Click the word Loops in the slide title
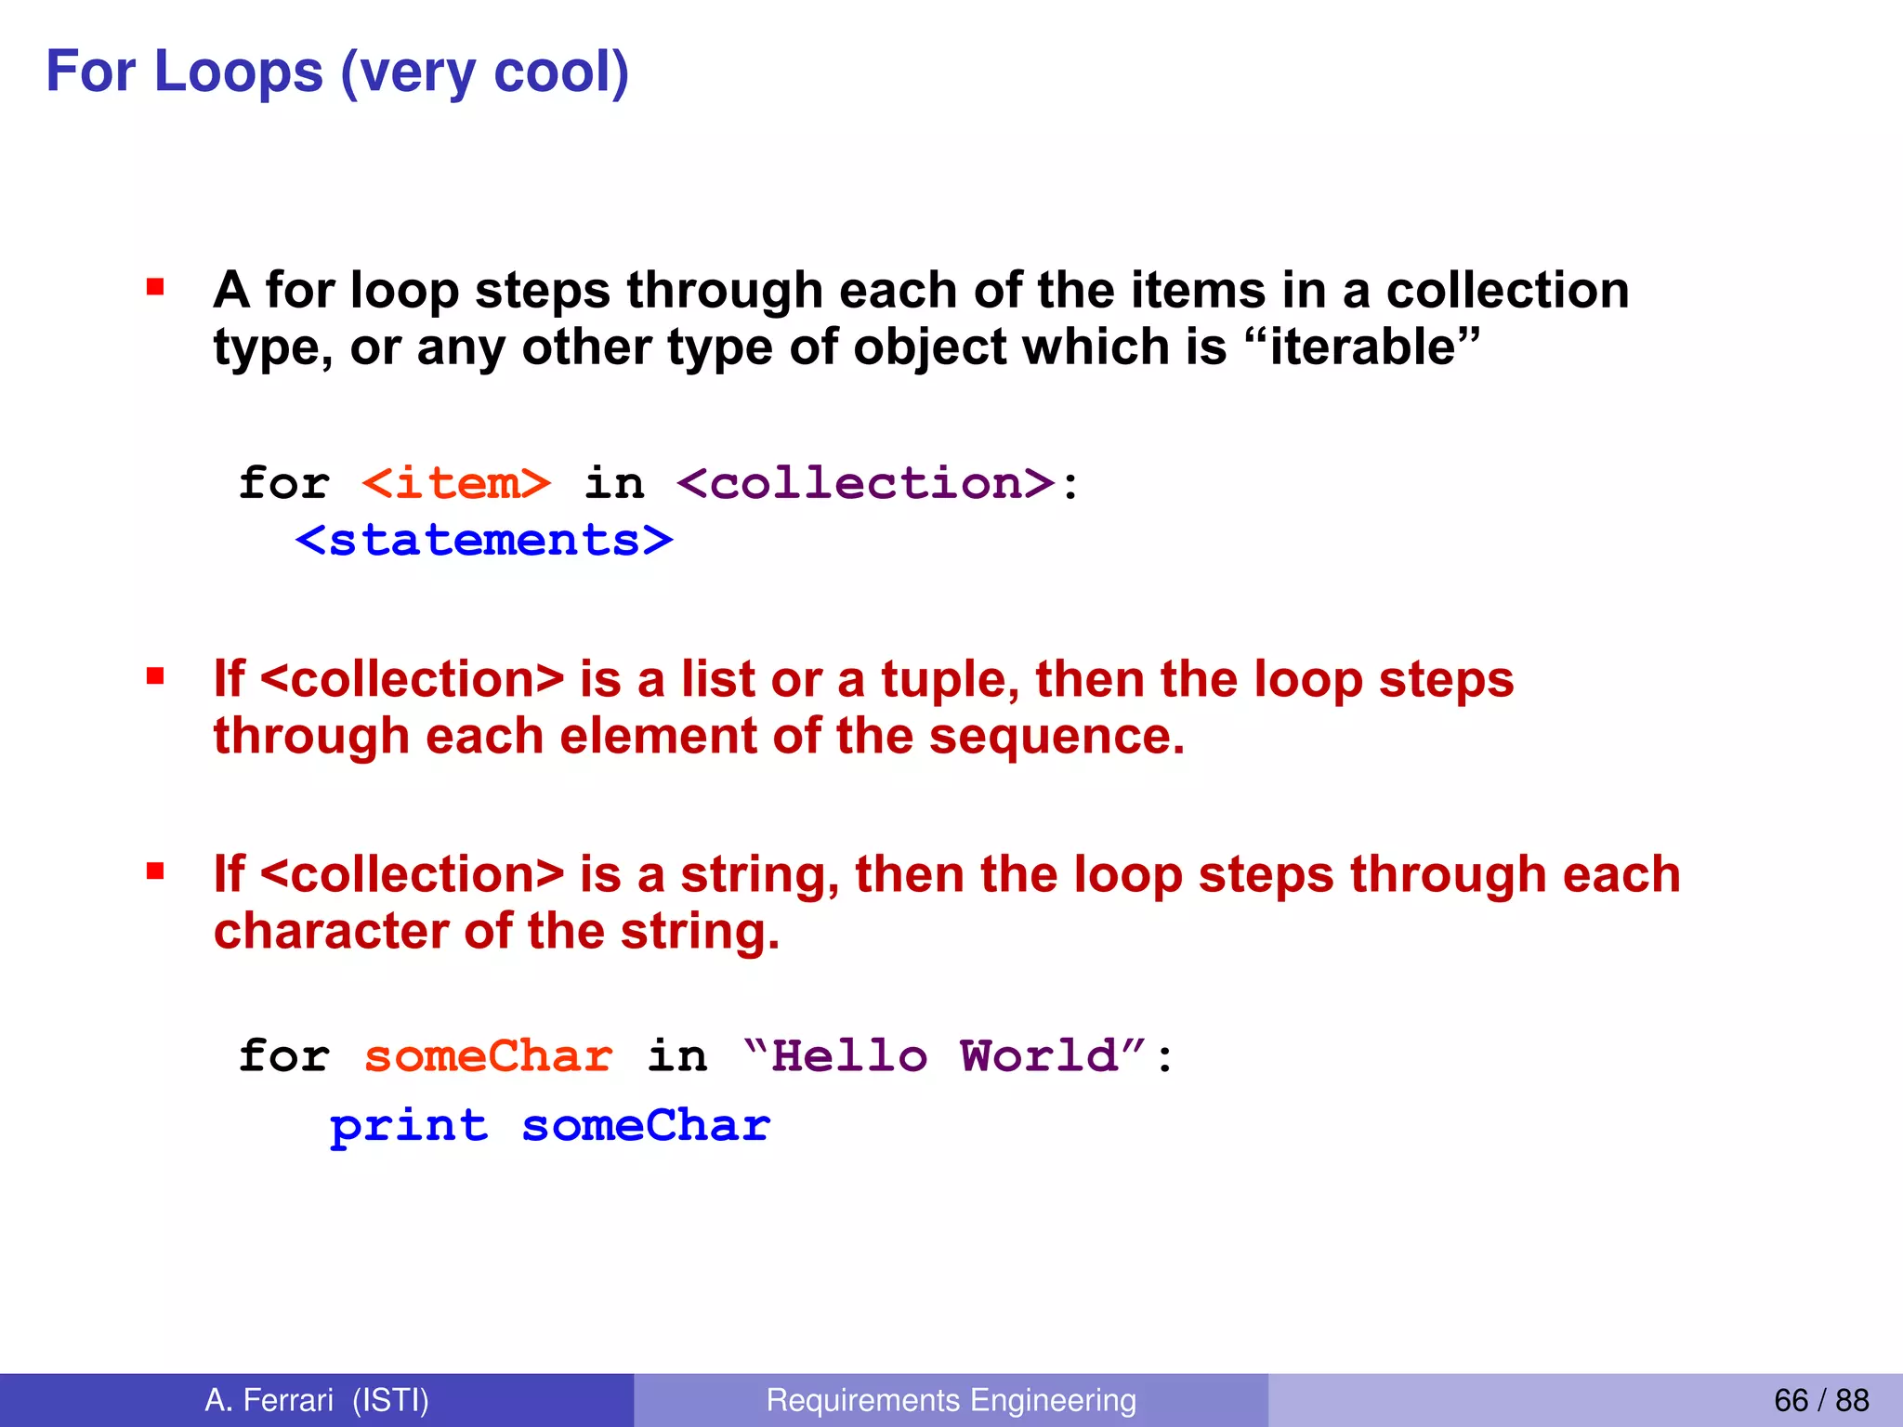(239, 72)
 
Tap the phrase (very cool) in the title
(484, 73)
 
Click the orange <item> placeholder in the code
(456, 484)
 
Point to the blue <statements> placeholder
(484, 541)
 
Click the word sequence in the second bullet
(1056, 737)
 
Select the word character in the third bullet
(331, 931)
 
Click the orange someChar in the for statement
(488, 1057)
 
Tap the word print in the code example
(409, 1127)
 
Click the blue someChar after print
(646, 1126)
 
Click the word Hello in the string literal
(849, 1057)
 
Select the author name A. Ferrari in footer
(269, 1400)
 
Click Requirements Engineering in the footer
(951, 1400)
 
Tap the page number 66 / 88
(1820, 1400)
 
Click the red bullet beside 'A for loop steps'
(155, 287)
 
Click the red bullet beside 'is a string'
(155, 871)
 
